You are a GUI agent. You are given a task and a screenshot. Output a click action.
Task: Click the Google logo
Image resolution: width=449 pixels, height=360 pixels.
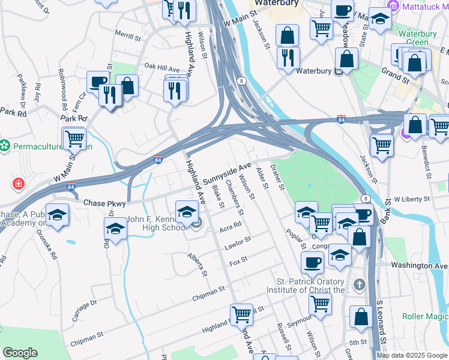pyautogui.click(x=20, y=352)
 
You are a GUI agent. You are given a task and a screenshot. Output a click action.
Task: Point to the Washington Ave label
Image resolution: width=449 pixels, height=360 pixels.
pyautogui.click(x=420, y=265)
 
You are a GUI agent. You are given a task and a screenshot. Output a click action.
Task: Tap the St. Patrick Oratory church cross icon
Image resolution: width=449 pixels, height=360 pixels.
pyautogui.click(x=359, y=285)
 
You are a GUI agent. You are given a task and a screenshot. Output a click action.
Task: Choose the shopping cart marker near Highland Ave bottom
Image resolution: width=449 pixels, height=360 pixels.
pyautogui.click(x=241, y=314)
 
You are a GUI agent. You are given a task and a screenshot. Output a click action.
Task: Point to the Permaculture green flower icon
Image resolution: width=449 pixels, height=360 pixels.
pyautogui.click(x=5, y=145)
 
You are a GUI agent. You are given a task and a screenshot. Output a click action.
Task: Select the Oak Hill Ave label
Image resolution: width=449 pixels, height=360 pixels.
pyautogui.click(x=161, y=68)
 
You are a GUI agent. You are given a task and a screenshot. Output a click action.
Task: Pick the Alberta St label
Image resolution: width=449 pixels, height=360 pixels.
pyautogui.click(x=198, y=265)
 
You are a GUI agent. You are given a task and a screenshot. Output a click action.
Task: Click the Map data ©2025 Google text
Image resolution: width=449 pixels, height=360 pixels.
pyautogui.click(x=411, y=355)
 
